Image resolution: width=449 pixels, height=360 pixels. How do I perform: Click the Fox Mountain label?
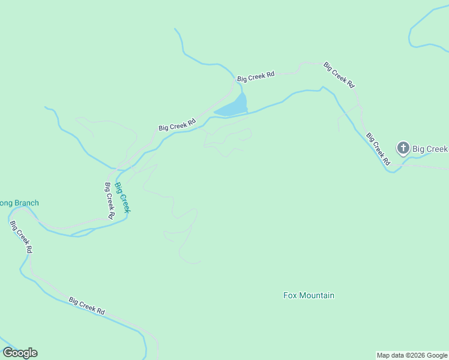(309, 295)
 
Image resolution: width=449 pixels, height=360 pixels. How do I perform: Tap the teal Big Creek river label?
(123, 197)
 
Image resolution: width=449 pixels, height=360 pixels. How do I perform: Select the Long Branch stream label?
(19, 203)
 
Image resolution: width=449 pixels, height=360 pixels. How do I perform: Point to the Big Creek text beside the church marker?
(430, 149)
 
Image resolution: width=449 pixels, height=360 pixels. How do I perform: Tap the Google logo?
(20, 353)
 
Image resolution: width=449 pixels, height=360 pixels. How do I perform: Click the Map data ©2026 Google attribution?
(412, 355)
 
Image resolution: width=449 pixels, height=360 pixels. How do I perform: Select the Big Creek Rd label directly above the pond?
(256, 76)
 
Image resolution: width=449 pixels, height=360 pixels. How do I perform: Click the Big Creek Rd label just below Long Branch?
(21, 236)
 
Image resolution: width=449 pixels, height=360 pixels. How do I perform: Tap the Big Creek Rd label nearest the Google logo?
(87, 306)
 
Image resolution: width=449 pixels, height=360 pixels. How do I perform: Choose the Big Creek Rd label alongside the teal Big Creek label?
(109, 200)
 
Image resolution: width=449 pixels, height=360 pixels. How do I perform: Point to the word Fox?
(290, 295)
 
